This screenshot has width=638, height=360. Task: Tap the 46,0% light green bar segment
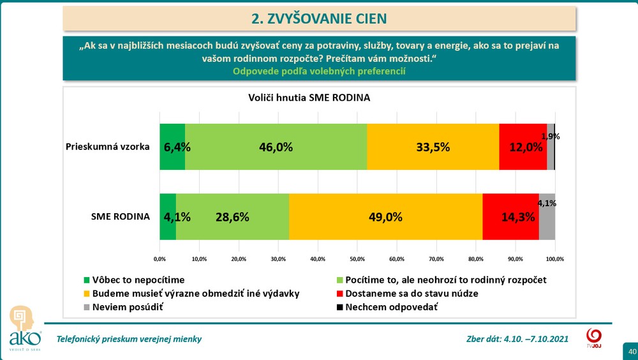pyautogui.click(x=276, y=147)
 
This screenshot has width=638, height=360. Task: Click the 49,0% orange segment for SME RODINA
pyautogui.click(x=385, y=216)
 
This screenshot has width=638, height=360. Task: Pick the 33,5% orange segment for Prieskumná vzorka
pyautogui.click(x=433, y=147)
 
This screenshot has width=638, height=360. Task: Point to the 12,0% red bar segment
pyautogui.click(x=523, y=147)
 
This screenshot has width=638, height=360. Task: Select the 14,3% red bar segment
pyautogui.click(x=510, y=216)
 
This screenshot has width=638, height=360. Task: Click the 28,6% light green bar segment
pyautogui.click(x=232, y=216)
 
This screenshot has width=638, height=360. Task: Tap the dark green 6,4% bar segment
pyautogui.click(x=172, y=147)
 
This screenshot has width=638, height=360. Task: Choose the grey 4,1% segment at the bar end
pyautogui.click(x=547, y=216)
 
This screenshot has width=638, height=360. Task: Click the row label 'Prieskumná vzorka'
pyautogui.click(x=108, y=147)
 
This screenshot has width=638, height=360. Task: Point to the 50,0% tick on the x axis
pyautogui.click(x=357, y=259)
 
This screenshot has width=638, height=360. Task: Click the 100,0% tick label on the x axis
pyautogui.click(x=554, y=259)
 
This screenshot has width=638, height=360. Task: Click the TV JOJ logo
pyautogui.click(x=593, y=338)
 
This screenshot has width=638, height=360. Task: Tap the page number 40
pyautogui.click(x=632, y=352)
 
